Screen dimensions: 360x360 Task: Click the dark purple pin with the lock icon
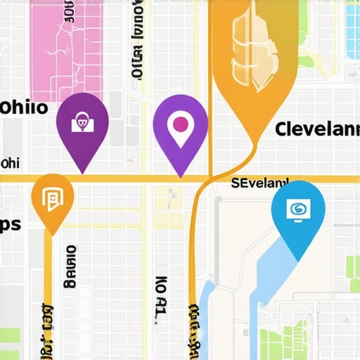[82, 127]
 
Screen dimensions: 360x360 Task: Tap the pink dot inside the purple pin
[180, 124]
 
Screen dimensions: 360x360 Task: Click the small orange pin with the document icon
[53, 200]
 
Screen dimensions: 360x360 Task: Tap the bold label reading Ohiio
[24, 108]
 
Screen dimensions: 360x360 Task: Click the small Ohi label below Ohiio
[11, 163]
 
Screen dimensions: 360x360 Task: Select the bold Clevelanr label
[313, 129]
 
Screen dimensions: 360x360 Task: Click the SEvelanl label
[260, 183]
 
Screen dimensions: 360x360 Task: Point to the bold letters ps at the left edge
[11, 224]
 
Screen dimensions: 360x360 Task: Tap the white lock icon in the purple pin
[82, 122]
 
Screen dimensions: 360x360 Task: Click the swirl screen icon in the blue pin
[298, 207]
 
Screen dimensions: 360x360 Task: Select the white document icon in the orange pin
[53, 199]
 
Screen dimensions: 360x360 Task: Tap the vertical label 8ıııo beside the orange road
[69, 267]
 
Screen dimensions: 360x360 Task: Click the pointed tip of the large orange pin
[250, 141]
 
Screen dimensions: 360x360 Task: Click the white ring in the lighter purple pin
[180, 124]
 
